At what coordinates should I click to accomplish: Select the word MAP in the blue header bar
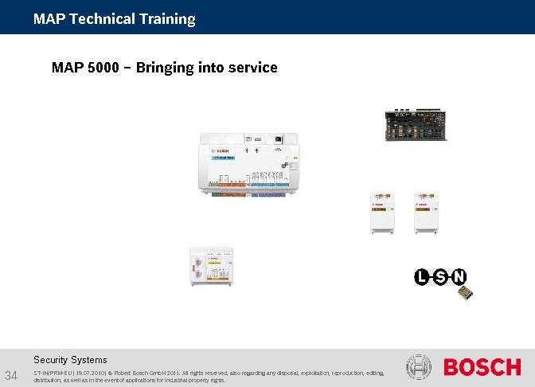point(49,18)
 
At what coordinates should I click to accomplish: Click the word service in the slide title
point(252,68)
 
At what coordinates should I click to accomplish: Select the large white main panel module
point(248,164)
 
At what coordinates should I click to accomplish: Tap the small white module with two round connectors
point(209,267)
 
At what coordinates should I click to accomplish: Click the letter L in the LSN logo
point(422,277)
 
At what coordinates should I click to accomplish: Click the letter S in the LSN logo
point(440,277)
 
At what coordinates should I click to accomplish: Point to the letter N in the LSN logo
point(458,277)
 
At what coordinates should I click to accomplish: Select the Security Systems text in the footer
point(70,360)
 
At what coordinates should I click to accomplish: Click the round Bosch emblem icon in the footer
point(419,367)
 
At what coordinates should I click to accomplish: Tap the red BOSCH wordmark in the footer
point(482,367)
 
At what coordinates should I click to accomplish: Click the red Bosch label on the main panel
point(220,150)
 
